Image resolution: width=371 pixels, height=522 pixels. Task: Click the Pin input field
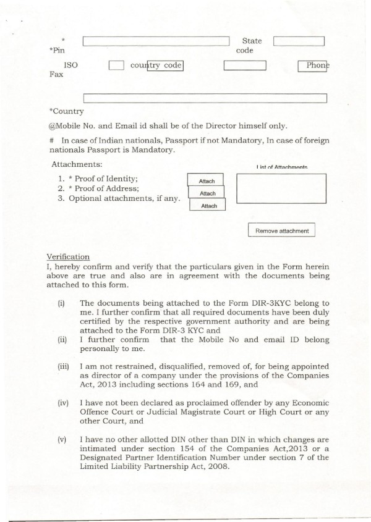pyautogui.click(x=156, y=41)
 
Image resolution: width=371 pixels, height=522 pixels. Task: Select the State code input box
pyautogui.click(x=299, y=41)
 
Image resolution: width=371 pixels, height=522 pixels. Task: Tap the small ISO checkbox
pyautogui.click(x=116, y=65)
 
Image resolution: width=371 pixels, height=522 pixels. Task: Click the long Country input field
pyautogui.click(x=205, y=98)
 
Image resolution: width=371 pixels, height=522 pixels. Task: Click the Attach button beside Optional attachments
pyautogui.click(x=210, y=206)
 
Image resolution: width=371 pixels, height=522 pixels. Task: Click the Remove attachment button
pyautogui.click(x=281, y=230)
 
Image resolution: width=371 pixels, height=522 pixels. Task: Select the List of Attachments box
pyautogui.click(x=281, y=188)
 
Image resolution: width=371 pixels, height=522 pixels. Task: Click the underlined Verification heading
pyautogui.click(x=68, y=257)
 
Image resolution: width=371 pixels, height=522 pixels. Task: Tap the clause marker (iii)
pyautogui.click(x=63, y=366)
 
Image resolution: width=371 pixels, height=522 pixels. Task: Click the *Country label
pyautogui.click(x=66, y=111)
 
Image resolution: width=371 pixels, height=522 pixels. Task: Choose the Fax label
pyautogui.click(x=56, y=75)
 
